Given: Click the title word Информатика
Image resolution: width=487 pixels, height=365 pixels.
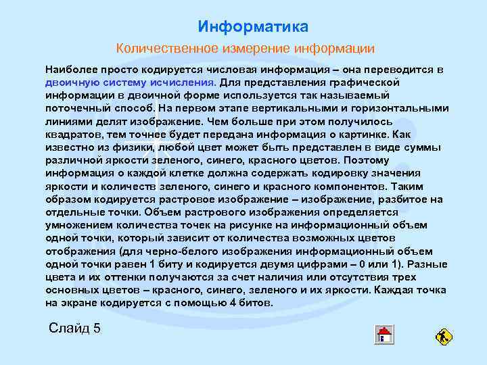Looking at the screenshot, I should click(253, 27).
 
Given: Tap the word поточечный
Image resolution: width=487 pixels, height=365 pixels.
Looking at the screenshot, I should click(74, 107).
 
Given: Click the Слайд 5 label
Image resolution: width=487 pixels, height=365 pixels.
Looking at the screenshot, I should click(75, 328).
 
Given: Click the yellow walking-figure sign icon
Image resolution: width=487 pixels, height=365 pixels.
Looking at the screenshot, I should click(444, 336).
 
